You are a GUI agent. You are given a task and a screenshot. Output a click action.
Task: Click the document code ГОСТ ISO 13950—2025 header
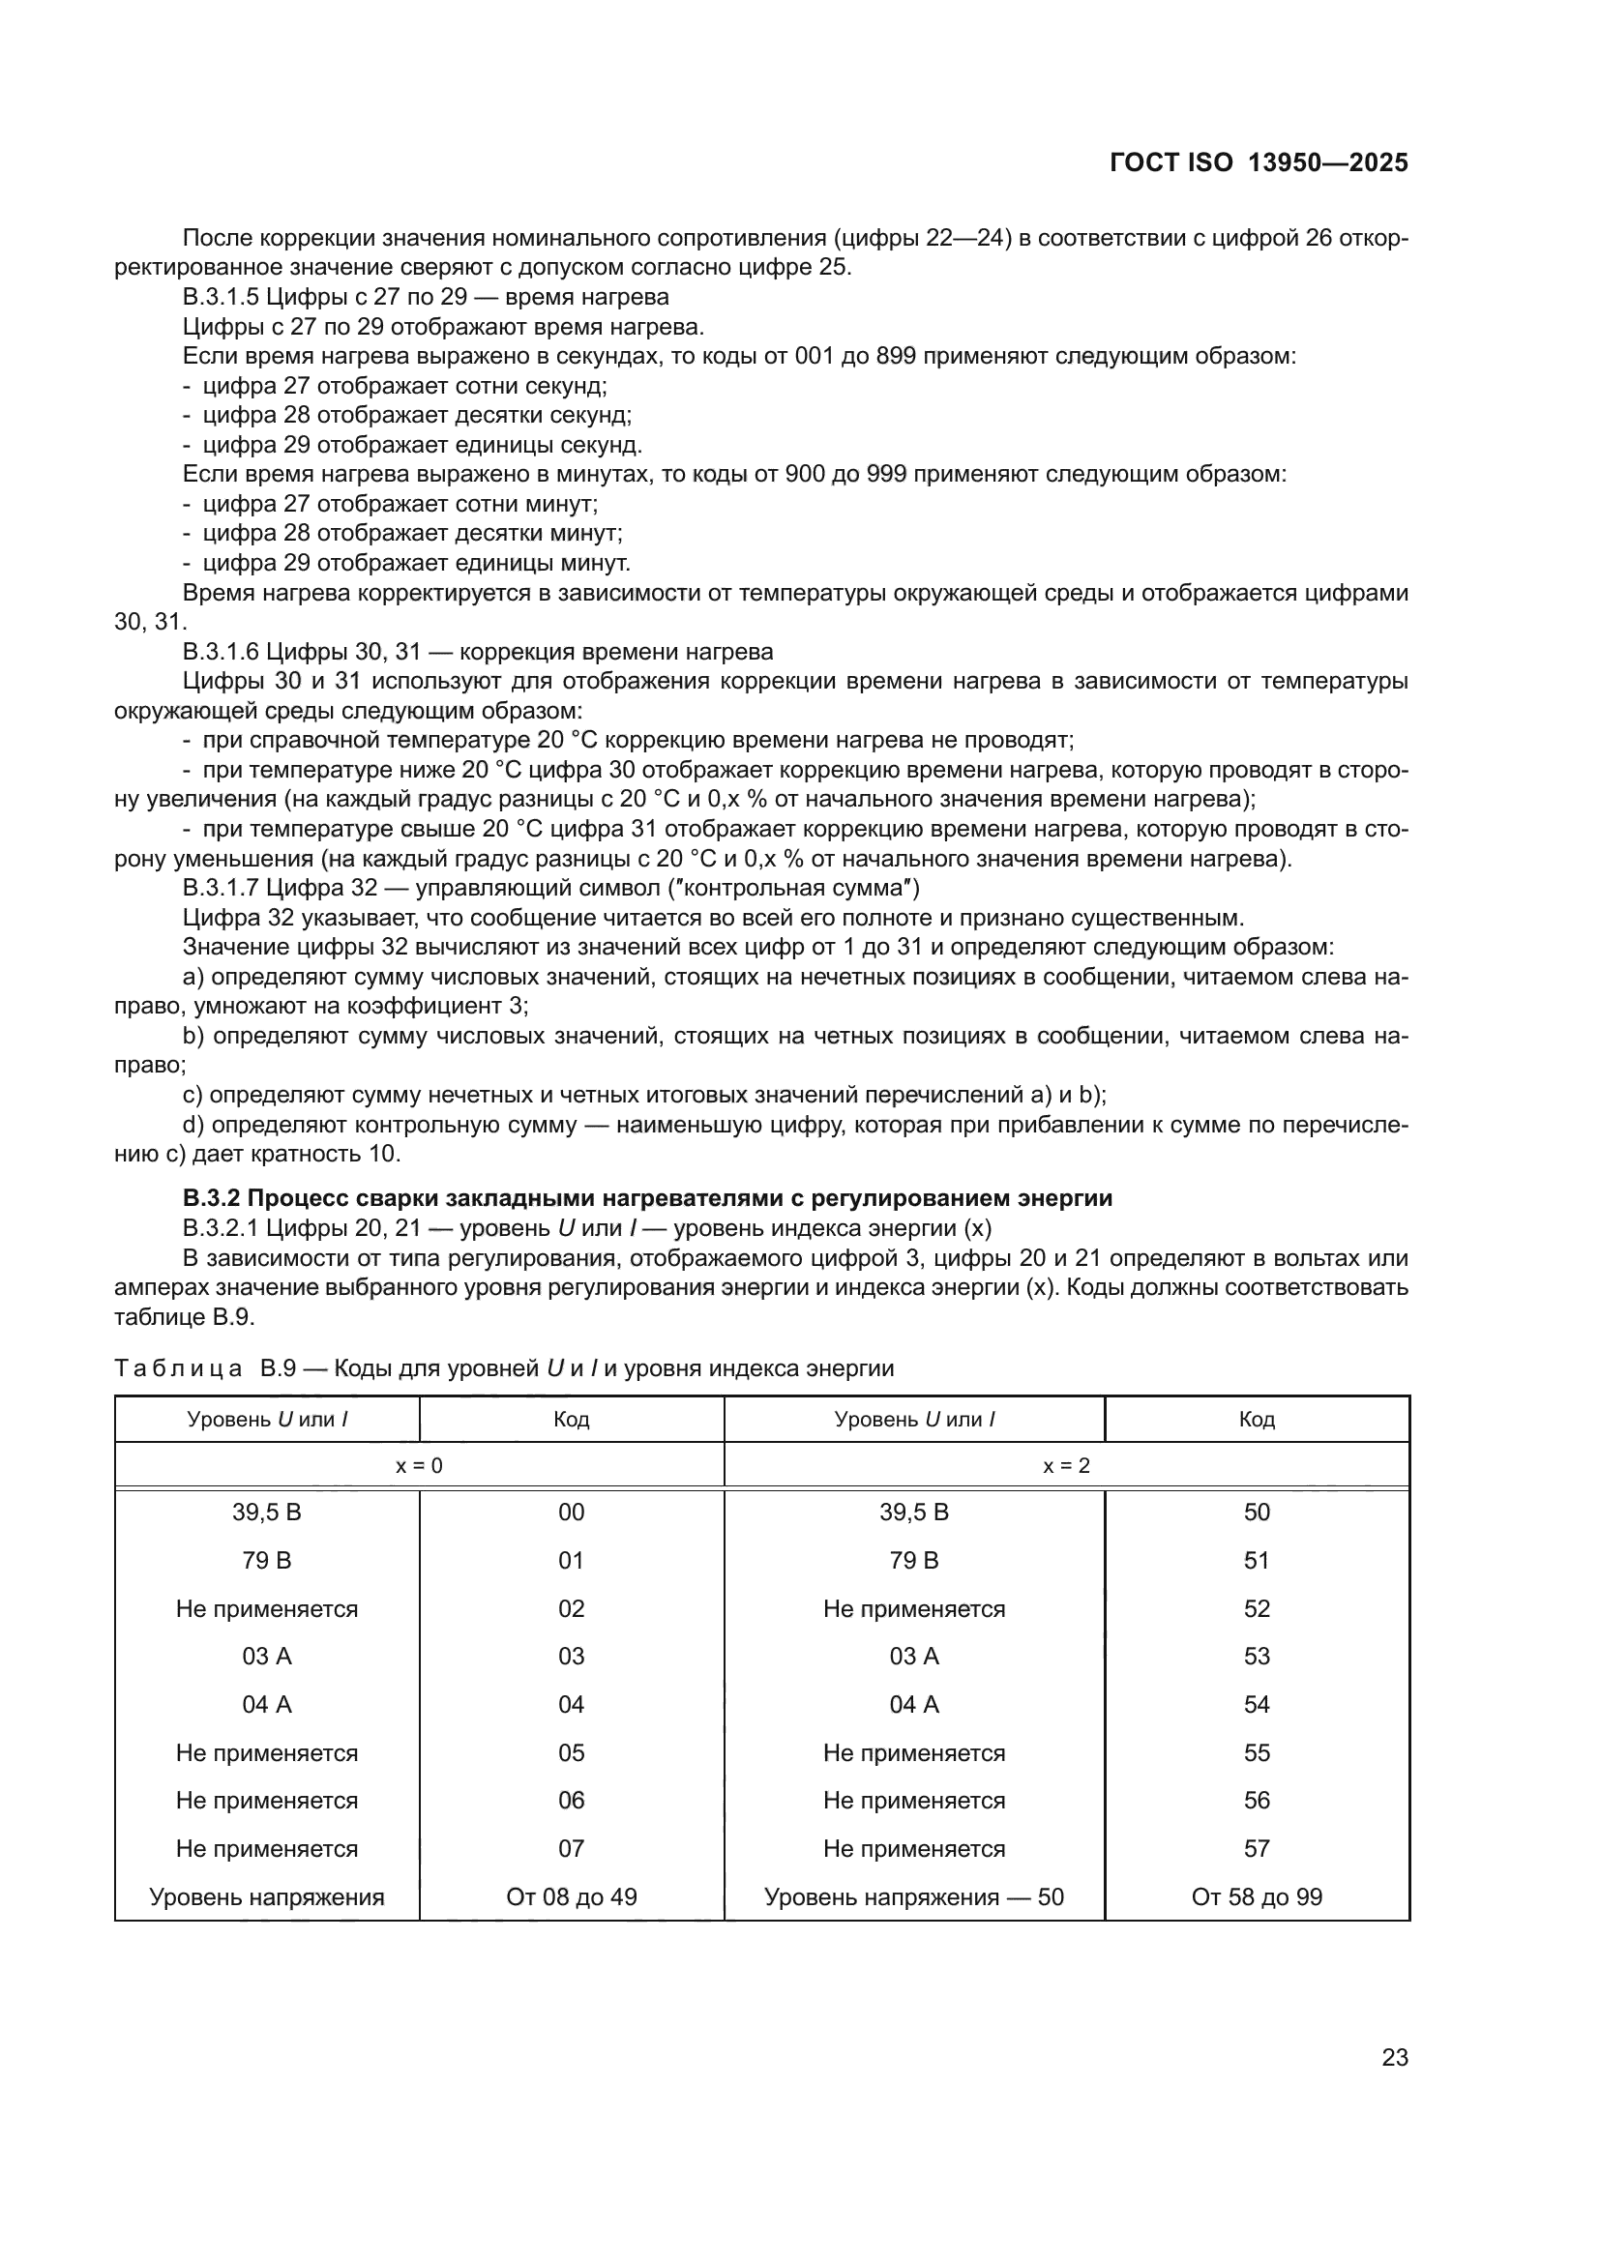point(1259,162)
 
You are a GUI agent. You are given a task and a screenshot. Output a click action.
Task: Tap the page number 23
point(1394,2057)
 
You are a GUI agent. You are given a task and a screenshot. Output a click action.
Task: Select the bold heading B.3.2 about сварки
point(647,1198)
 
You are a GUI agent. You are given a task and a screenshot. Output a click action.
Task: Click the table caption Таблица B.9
point(503,1367)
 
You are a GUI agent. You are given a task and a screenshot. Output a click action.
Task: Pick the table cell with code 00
point(571,1513)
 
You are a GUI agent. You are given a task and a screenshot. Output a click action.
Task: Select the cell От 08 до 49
point(571,1896)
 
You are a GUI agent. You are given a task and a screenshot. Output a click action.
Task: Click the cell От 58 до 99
point(1257,1896)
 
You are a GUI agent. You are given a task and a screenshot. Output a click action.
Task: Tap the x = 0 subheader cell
point(419,1465)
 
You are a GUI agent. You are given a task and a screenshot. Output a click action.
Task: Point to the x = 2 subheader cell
point(1066,1465)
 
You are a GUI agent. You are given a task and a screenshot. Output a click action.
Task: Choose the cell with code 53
point(1257,1656)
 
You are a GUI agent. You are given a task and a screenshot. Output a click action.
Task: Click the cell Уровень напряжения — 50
point(913,1896)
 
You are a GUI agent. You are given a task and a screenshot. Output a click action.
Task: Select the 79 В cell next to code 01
point(266,1561)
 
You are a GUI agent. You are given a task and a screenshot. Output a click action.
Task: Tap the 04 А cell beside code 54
point(913,1704)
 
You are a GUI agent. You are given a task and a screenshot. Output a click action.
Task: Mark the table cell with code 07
point(571,1848)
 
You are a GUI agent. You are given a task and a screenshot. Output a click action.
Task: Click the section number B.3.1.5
point(221,297)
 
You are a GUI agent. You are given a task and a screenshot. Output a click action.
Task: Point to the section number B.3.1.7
point(221,888)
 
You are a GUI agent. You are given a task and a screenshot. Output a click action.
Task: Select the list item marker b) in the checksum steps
point(193,1036)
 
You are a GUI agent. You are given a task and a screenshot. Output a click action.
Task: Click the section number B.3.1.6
point(221,651)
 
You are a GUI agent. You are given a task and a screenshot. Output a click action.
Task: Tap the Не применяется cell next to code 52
point(913,1609)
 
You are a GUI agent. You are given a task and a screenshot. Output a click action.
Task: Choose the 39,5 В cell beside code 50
point(913,1513)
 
